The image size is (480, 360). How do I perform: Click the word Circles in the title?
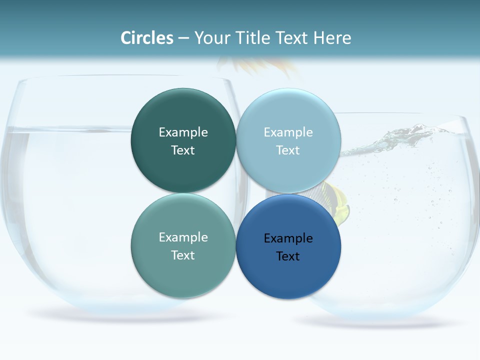146,38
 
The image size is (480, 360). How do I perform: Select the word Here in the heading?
332,38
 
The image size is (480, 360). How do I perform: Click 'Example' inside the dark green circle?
183,132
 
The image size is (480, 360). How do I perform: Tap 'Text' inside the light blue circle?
288,150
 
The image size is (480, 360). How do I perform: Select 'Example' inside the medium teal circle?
183,237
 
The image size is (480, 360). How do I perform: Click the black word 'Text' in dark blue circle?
288,256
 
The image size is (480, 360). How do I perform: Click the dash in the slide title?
183,38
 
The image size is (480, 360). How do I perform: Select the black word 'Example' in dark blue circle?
288,238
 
